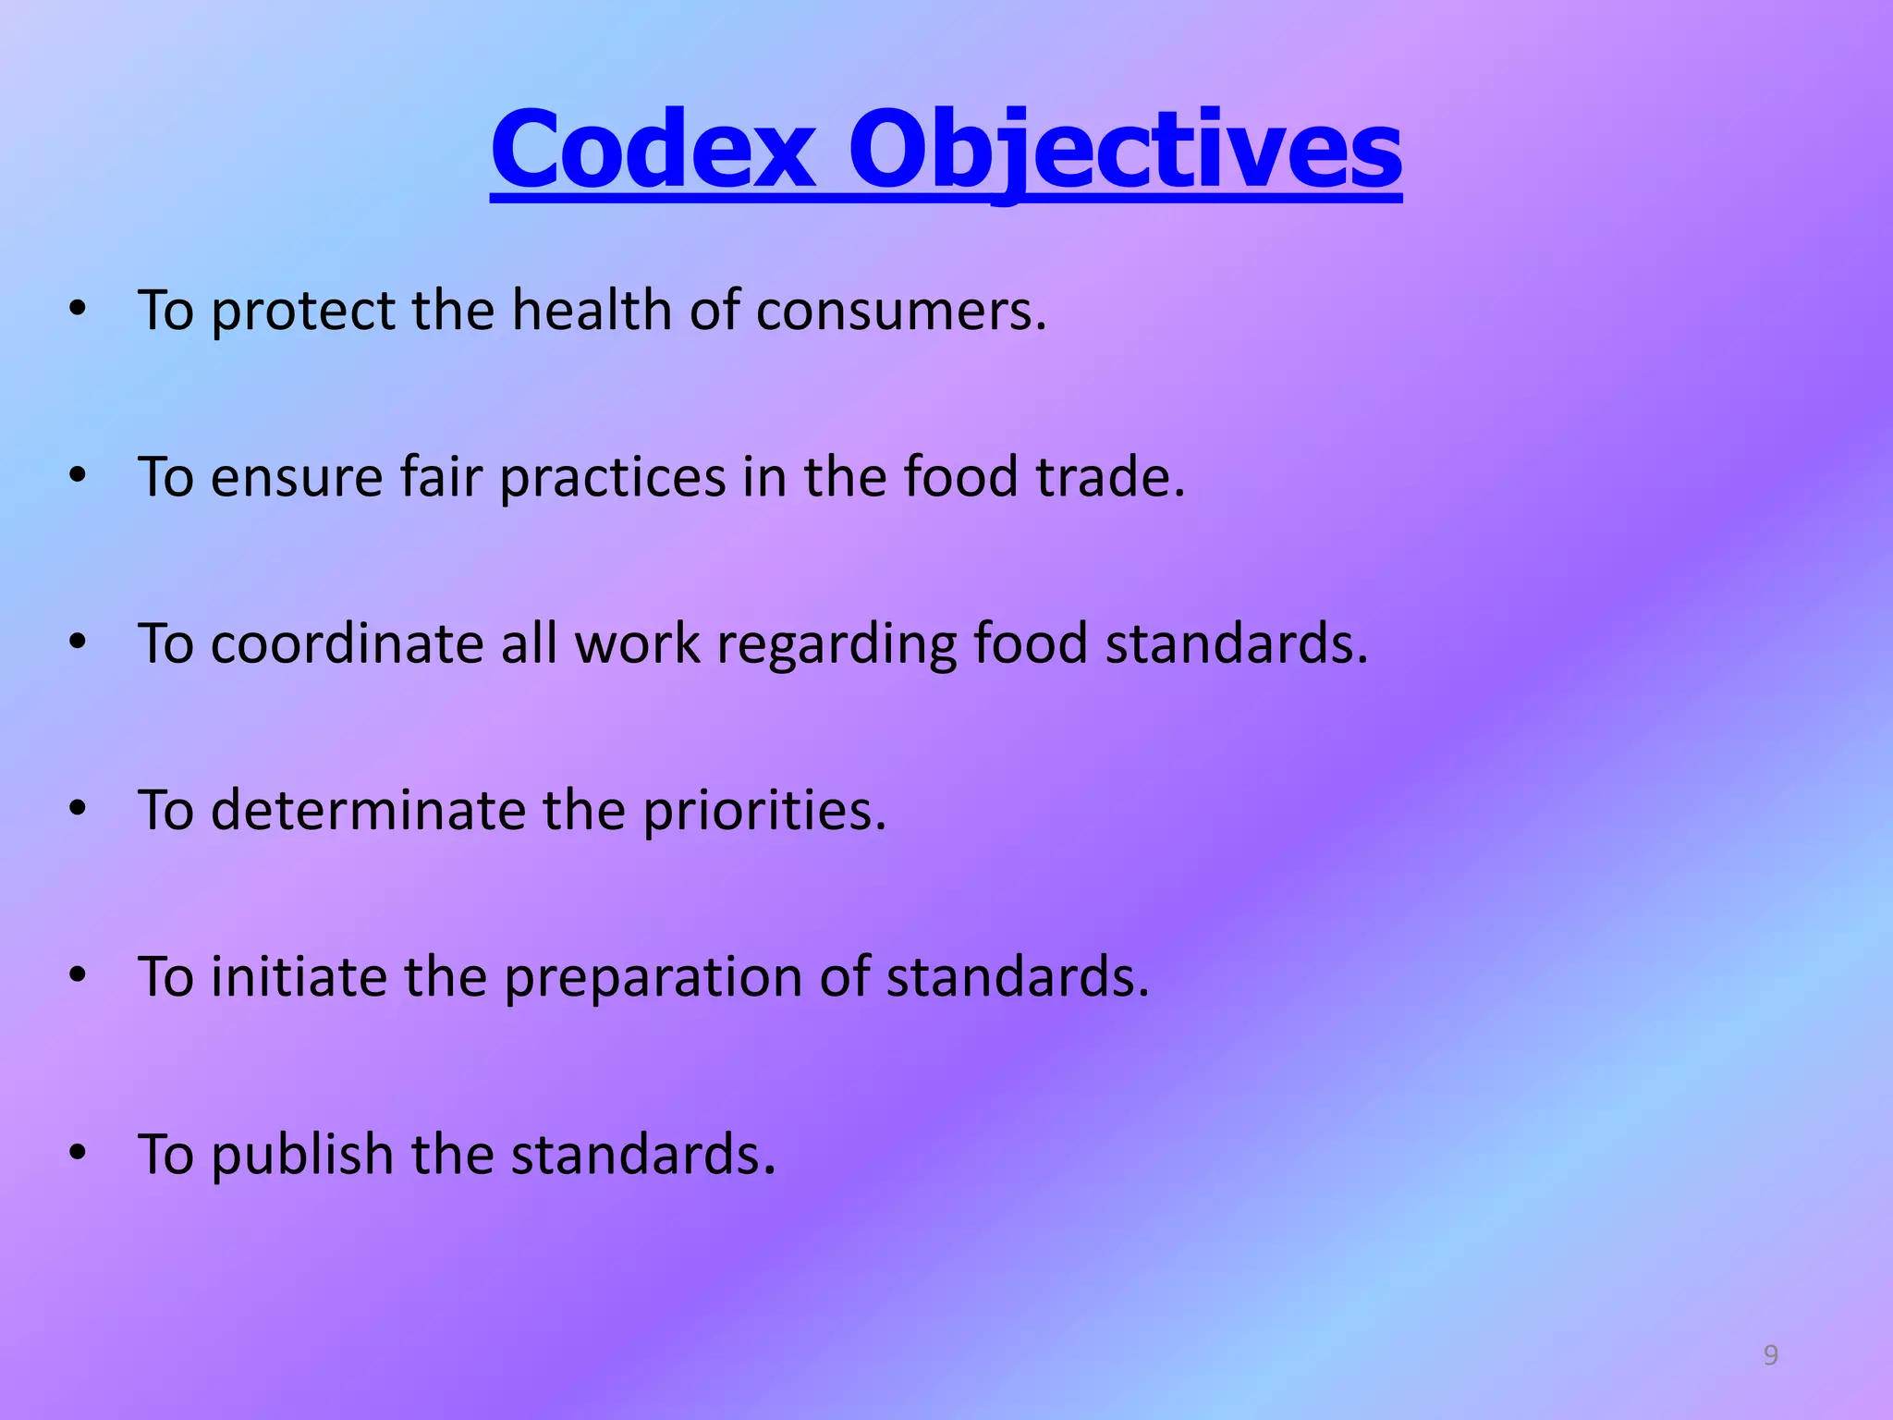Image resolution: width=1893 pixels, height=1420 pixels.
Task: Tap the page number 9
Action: [x=1770, y=1355]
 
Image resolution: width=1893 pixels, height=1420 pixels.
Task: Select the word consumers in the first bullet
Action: [x=901, y=311]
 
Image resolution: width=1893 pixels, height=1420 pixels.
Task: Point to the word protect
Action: [x=302, y=311]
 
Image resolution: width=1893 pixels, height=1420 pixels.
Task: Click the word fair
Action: [x=441, y=477]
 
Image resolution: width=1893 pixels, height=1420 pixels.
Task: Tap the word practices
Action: [x=613, y=479]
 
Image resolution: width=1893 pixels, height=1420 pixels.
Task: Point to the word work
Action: [x=637, y=643]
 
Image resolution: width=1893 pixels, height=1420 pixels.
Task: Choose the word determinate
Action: [x=368, y=811]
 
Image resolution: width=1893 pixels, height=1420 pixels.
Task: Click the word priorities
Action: [x=764, y=811]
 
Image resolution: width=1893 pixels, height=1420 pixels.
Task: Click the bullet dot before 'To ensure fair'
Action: [x=78, y=476]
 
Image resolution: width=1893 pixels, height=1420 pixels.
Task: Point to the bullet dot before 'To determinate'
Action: [x=78, y=809]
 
